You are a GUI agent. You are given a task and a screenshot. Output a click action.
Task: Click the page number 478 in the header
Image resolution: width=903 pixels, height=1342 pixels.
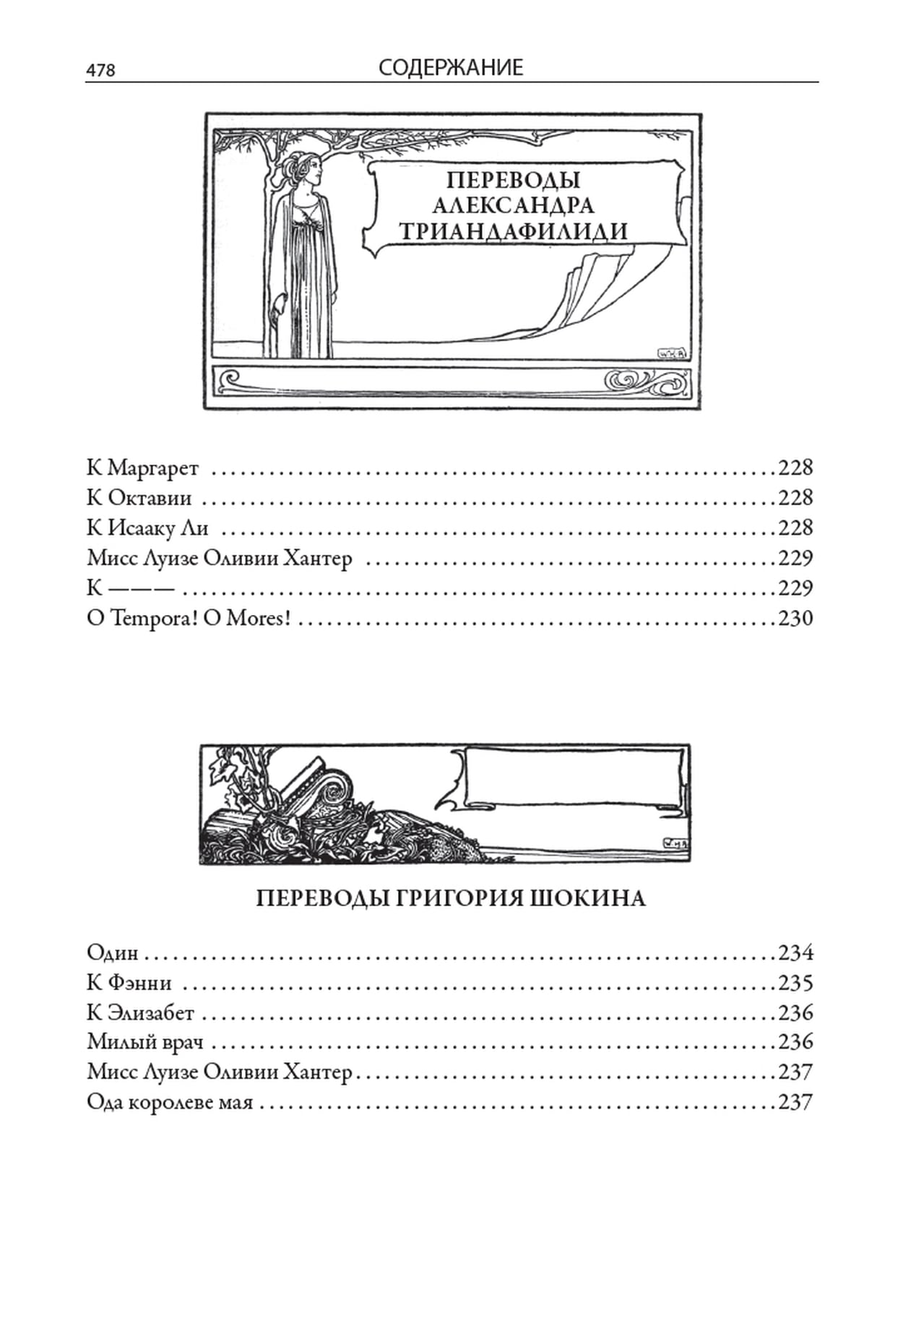pyautogui.click(x=100, y=70)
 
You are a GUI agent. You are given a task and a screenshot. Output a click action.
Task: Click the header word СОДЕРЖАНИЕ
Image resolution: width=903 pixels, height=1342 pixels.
pyautogui.click(x=451, y=68)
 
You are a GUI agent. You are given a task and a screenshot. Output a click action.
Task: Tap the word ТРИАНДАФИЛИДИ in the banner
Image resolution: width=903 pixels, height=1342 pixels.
pyautogui.click(x=514, y=231)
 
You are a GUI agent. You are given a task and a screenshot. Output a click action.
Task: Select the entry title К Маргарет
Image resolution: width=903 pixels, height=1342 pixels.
pyautogui.click(x=142, y=469)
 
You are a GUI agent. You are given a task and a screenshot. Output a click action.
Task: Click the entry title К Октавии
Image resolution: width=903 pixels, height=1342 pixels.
pyautogui.click(x=139, y=498)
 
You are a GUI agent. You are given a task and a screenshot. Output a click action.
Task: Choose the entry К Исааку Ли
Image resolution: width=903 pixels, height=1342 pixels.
pyautogui.click(x=147, y=528)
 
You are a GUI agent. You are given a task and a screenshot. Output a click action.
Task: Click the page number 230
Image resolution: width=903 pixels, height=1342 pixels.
pyautogui.click(x=795, y=619)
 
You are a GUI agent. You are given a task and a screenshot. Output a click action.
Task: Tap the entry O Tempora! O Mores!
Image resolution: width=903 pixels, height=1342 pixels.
pyautogui.click(x=188, y=619)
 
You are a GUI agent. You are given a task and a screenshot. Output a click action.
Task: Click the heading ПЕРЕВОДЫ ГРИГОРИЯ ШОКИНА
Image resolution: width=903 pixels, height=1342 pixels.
pyautogui.click(x=451, y=898)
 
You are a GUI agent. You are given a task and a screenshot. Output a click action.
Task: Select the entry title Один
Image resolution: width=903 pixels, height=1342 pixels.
pyautogui.click(x=113, y=952)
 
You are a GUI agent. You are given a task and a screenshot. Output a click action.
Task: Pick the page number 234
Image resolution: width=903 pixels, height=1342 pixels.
pyautogui.click(x=795, y=953)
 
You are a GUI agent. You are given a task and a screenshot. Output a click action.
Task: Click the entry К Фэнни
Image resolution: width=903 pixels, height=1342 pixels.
pyautogui.click(x=129, y=983)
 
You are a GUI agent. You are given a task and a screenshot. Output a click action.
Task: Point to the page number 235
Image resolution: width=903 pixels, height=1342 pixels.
pyautogui.click(x=795, y=984)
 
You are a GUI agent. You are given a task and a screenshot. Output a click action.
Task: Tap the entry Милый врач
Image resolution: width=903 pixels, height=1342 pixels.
pyautogui.click(x=145, y=1042)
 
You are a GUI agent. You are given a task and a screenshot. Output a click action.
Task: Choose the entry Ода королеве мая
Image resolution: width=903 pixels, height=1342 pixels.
pyautogui.click(x=170, y=1102)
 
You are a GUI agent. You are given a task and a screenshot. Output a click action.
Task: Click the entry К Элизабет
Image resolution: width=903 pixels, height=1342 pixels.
pyautogui.click(x=141, y=1012)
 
